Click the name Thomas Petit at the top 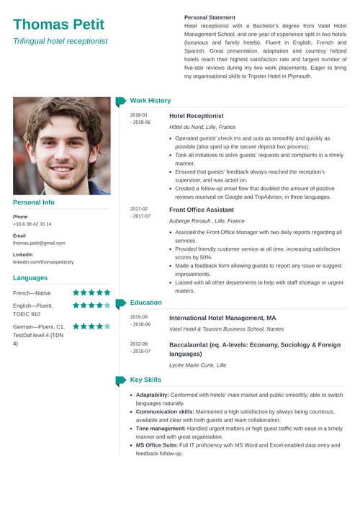tap(58, 24)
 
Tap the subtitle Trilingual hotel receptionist tap(60, 41)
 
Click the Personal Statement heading tap(210, 16)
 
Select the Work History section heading tap(150, 101)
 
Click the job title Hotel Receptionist tap(196, 115)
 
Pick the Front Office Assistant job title tap(201, 209)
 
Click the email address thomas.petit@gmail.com tap(39, 243)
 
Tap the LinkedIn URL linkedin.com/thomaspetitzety tap(43, 261)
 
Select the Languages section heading tap(30, 277)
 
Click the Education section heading tap(146, 303)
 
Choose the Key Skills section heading tap(145, 380)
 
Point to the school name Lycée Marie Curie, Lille tap(197, 365)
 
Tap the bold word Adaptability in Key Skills tap(152, 395)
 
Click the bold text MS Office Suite tap(157, 445)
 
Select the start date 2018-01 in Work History tap(139, 115)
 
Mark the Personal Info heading tap(33, 202)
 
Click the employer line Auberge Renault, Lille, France tap(207, 220)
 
